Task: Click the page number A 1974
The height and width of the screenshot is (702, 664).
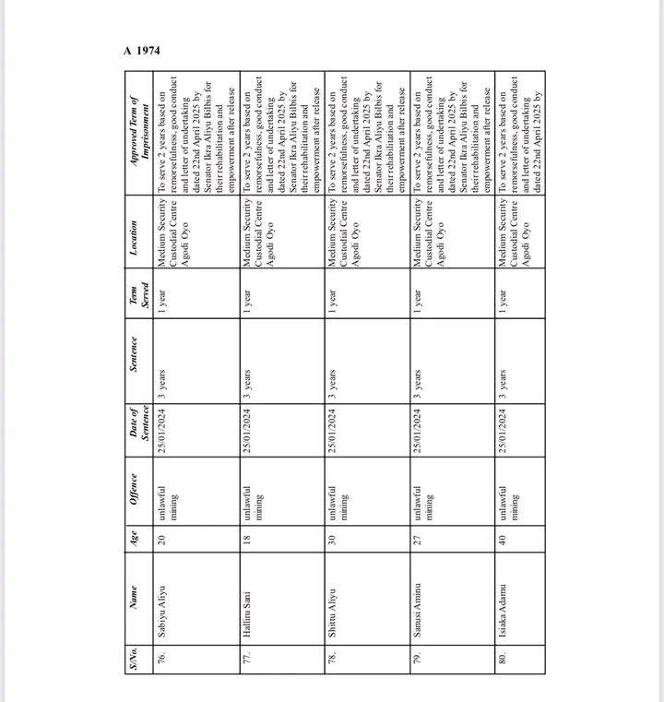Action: tap(142, 50)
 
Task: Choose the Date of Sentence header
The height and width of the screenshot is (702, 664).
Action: tap(138, 422)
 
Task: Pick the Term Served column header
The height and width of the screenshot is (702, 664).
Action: tap(138, 298)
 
